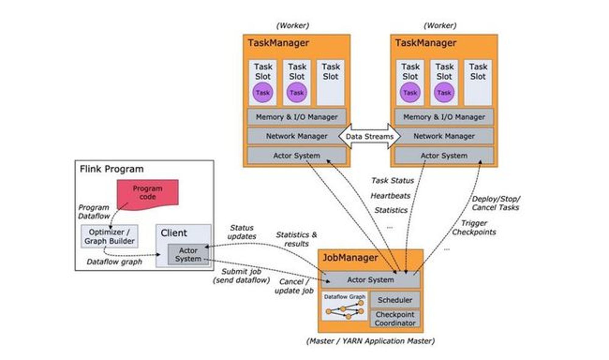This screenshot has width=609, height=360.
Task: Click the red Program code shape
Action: tap(148, 194)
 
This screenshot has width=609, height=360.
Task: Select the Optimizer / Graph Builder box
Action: tap(109, 236)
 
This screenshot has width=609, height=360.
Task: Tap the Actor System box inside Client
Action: tap(188, 254)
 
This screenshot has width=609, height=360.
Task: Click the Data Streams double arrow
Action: tap(370, 136)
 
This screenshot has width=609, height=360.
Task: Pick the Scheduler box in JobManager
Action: tap(395, 300)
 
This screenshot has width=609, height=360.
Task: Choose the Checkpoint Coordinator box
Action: tap(395, 319)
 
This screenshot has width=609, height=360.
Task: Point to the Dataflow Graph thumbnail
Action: tap(345, 306)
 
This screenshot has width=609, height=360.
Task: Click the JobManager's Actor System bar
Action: tap(371, 280)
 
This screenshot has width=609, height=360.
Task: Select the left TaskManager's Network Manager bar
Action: tap(297, 136)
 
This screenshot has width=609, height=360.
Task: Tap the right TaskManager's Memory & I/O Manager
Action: tap(444, 117)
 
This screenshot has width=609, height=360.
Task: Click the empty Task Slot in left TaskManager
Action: tap(330, 83)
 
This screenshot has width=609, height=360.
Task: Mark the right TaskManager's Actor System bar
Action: tap(444, 156)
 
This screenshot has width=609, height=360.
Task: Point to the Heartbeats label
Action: tap(390, 196)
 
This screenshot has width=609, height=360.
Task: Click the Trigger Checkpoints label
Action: tap(474, 228)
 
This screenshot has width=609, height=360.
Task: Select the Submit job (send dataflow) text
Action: tap(241, 276)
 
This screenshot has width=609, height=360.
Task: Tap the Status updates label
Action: tap(242, 232)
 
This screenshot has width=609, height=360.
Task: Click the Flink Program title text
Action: tap(112, 169)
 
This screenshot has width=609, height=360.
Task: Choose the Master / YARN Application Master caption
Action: tap(371, 341)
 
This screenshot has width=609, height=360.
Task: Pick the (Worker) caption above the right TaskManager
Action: tap(440, 26)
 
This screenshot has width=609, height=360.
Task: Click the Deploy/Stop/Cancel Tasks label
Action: tap(496, 203)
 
